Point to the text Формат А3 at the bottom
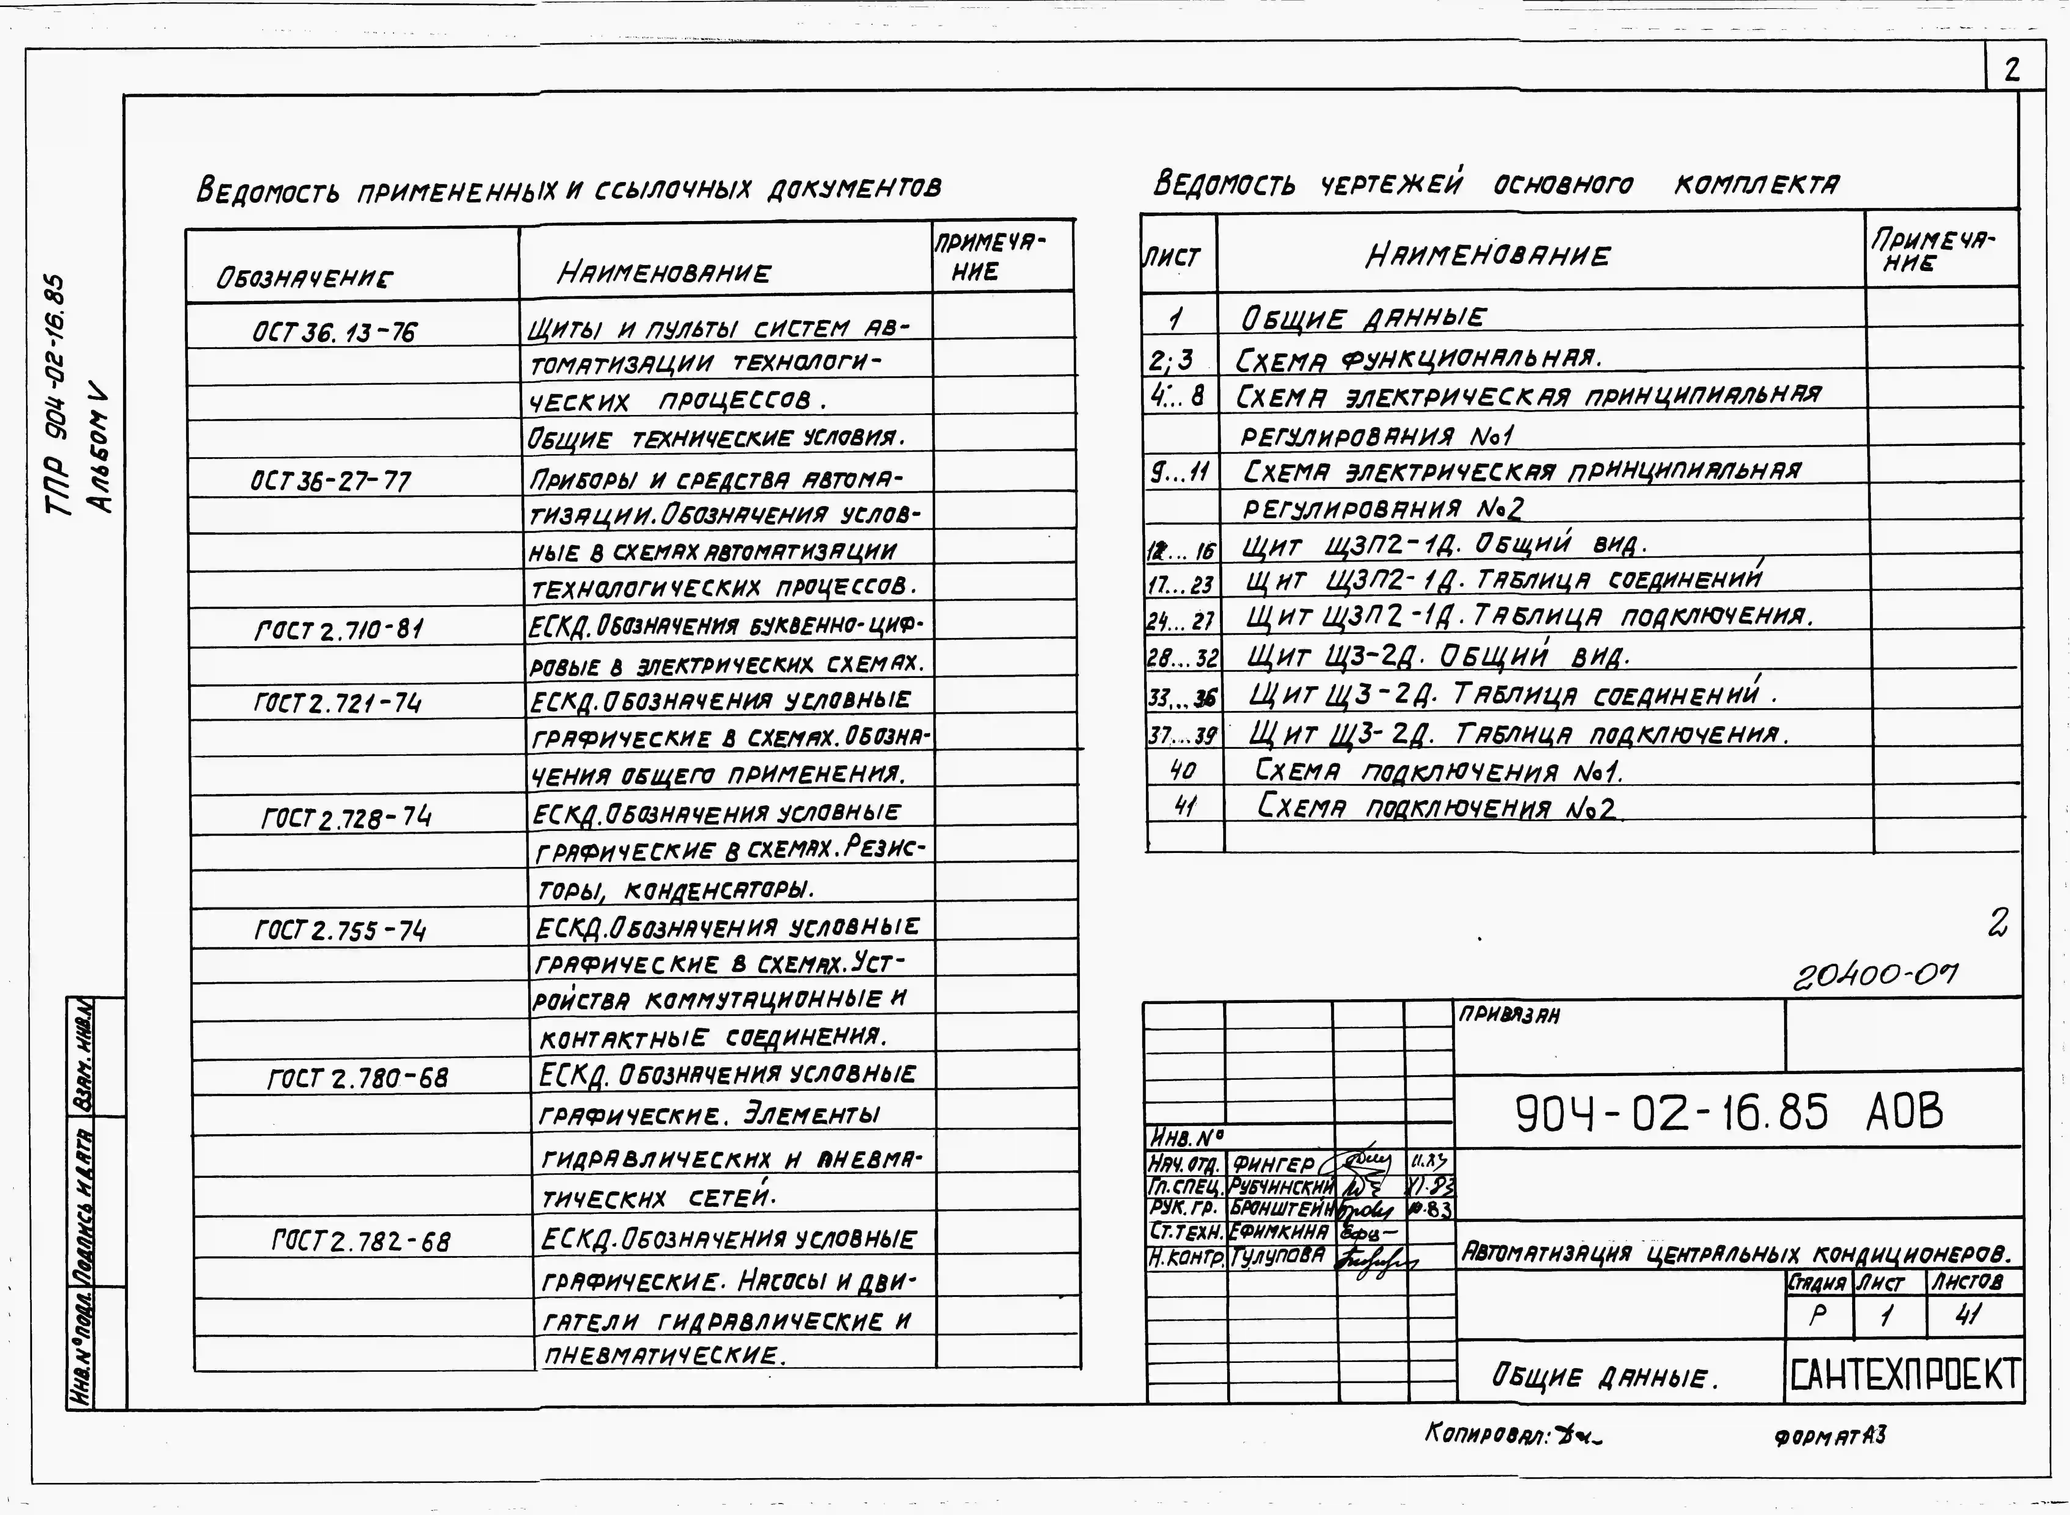(1830, 1435)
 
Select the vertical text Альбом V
(99, 449)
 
